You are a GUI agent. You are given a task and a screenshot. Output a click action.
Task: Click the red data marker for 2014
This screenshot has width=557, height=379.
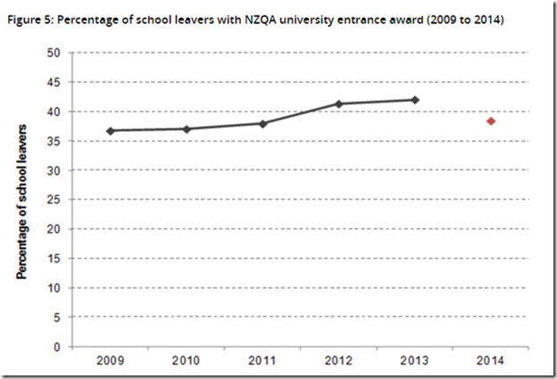point(491,121)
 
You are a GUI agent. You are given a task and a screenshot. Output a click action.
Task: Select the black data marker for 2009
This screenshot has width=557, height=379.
point(111,131)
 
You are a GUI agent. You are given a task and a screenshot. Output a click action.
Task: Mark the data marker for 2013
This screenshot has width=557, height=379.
point(415,100)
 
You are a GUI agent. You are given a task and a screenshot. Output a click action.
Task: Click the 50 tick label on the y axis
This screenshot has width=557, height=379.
point(54,53)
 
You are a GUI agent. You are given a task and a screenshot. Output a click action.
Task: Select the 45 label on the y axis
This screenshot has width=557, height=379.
point(54,82)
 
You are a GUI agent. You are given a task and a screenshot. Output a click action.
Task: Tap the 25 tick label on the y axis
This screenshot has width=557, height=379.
point(54,200)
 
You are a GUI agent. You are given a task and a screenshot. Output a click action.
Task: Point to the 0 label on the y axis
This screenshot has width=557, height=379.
point(57,347)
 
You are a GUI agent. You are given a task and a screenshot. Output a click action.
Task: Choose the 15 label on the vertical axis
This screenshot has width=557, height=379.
point(54,259)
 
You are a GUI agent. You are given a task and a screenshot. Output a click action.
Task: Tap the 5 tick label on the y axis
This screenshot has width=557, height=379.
point(57,317)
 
